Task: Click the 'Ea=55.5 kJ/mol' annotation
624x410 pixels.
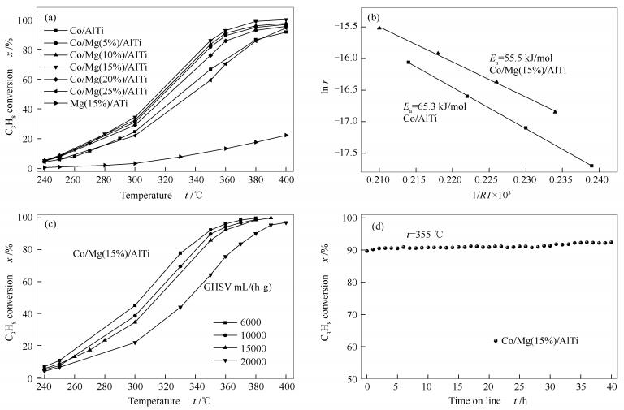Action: (516, 58)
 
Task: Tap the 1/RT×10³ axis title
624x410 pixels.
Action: (485, 196)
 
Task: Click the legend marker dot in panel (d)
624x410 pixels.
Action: (496, 341)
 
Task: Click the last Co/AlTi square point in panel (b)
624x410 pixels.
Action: (591, 166)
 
